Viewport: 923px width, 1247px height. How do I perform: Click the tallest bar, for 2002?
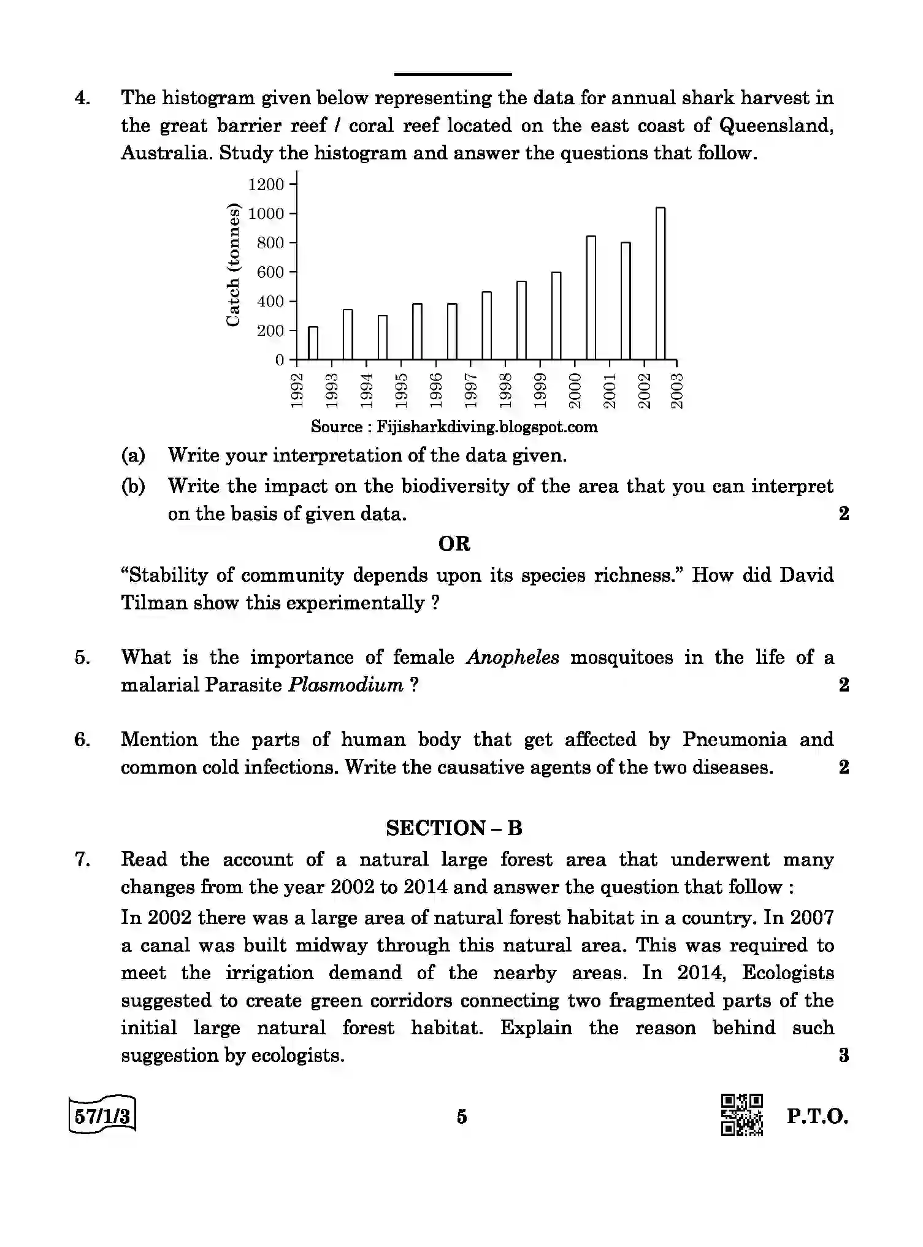661,283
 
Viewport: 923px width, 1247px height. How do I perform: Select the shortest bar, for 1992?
313,343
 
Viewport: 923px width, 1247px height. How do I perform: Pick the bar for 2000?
591,297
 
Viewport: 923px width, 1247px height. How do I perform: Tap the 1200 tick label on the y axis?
266,185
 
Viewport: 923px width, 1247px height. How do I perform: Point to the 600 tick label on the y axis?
270,272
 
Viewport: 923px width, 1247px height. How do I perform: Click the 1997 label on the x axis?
471,390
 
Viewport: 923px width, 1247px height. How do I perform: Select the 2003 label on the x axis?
677,390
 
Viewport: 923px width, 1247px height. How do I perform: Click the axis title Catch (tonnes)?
233,265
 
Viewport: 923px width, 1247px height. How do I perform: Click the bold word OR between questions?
454,544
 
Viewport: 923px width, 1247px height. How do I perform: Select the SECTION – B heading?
454,828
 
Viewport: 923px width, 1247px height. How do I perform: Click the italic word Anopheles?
513,658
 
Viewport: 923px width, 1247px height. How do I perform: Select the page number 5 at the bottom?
462,1117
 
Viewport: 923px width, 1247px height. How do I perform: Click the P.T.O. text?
818,1116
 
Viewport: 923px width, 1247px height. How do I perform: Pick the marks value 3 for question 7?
843,1056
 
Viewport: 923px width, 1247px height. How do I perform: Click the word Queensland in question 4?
776,126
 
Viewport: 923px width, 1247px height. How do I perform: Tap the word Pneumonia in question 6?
734,740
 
